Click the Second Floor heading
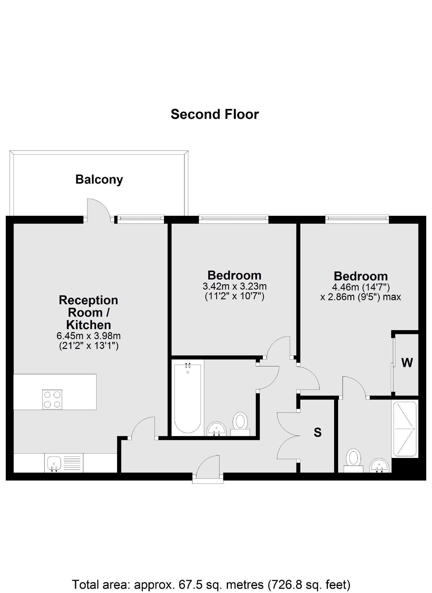[215, 114]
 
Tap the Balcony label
[99, 179]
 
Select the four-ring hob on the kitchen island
[52, 399]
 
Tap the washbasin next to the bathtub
[217, 429]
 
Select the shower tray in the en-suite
[405, 429]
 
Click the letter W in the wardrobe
[407, 363]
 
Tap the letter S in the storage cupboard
[318, 433]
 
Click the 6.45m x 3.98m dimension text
[89, 336]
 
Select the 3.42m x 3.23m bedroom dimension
[235, 286]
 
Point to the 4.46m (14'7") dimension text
[361, 286]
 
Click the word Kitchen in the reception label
[89, 325]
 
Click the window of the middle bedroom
[233, 218]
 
